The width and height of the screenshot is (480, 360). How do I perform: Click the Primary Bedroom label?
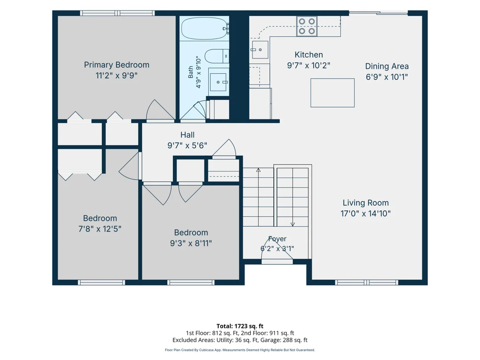tap(117, 65)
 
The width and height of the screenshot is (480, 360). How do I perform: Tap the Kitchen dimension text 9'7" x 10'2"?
tap(308, 65)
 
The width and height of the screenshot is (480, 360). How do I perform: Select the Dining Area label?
tap(386, 66)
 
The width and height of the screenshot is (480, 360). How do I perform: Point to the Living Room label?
tap(366, 203)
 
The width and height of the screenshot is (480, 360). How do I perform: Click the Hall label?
tap(187, 135)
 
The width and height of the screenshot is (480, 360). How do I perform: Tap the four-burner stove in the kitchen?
tap(307, 26)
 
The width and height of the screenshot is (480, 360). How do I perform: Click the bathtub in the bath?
tap(204, 29)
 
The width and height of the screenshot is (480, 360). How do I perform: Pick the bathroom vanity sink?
tap(219, 82)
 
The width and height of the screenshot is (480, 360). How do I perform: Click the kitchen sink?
tap(259, 49)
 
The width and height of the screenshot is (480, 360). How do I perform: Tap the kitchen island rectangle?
tap(332, 93)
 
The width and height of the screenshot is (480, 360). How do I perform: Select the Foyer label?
tap(277, 239)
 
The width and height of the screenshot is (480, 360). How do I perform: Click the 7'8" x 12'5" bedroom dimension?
tap(100, 229)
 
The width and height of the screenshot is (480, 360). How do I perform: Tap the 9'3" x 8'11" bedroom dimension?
tap(191, 243)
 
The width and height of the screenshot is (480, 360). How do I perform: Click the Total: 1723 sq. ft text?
tap(240, 326)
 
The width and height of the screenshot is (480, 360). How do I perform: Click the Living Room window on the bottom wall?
tap(367, 282)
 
